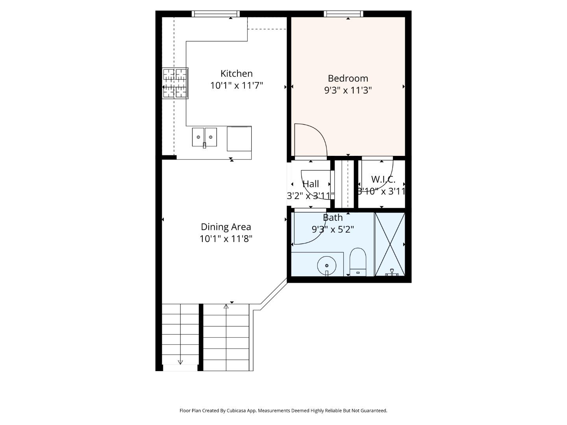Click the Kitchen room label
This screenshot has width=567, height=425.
pyautogui.click(x=236, y=74)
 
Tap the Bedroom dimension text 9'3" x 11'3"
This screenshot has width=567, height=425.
pyautogui.click(x=348, y=90)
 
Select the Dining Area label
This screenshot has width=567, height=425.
pyautogui.click(x=226, y=227)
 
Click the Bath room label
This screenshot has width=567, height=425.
pyautogui.click(x=333, y=218)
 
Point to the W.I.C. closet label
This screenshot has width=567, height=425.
pyautogui.click(x=383, y=180)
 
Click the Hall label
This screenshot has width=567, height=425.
pyautogui.click(x=311, y=184)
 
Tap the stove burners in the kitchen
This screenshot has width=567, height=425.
pyautogui.click(x=175, y=83)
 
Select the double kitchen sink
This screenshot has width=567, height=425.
pyautogui.click(x=204, y=137)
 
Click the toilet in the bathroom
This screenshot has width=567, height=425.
pyautogui.click(x=358, y=262)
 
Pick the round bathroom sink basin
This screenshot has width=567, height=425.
pyautogui.click(x=327, y=266)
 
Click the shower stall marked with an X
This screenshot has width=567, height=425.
pyautogui.click(x=389, y=244)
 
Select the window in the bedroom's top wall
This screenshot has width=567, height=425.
pyautogui.click(x=343, y=14)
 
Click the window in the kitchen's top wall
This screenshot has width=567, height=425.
pyautogui.click(x=215, y=14)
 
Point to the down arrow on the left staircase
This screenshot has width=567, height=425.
pyautogui.click(x=180, y=362)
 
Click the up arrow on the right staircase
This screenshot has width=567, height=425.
pyautogui.click(x=226, y=307)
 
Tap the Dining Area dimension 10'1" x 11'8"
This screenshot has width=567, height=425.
pyautogui.click(x=226, y=239)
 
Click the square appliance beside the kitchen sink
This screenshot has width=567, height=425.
pyautogui.click(x=239, y=139)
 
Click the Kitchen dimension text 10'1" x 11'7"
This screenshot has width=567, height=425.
pyautogui.click(x=236, y=85)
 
